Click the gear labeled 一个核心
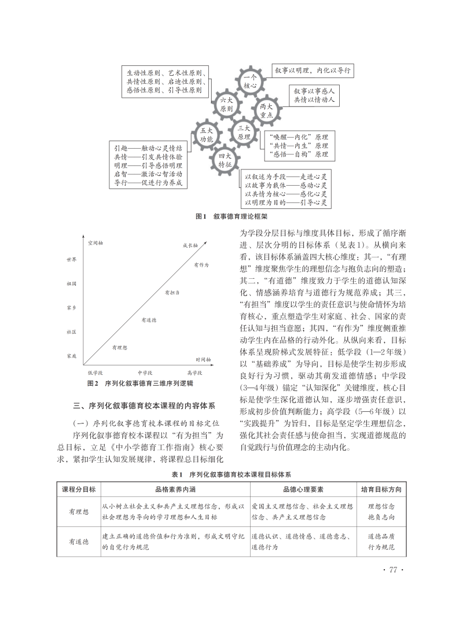point(250,82)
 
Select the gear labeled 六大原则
point(226,104)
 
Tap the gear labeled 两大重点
point(266,110)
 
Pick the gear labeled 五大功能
point(207,135)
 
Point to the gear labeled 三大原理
point(243,132)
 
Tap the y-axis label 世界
point(72,260)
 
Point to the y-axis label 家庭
point(72,355)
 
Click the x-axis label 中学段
point(145,373)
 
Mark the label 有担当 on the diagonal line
point(171,293)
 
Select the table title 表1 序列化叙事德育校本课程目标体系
point(231,474)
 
